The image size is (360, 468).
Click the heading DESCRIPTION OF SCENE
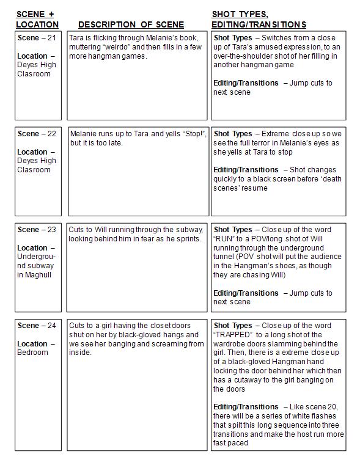coord(131,24)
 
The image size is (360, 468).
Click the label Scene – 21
coord(37,38)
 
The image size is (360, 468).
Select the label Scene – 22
coord(37,134)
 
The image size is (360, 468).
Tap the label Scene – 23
coord(37,230)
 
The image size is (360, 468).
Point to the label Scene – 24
coord(37,326)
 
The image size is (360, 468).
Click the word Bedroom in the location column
coord(32,353)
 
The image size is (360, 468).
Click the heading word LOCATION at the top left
coord(37,24)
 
